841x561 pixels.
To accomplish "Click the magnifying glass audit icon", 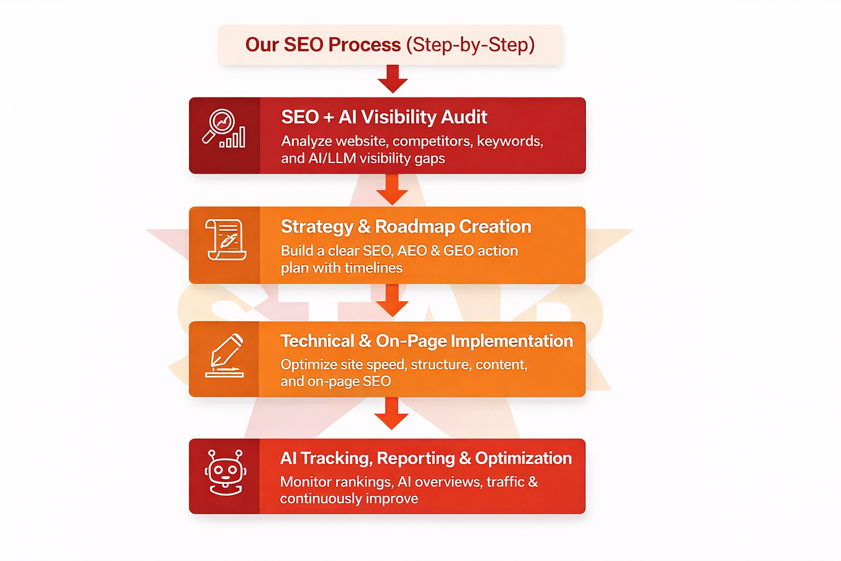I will pyautogui.click(x=224, y=129).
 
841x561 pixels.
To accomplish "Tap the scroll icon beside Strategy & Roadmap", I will pyautogui.click(x=226, y=239).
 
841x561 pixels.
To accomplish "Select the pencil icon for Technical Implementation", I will pyautogui.click(x=225, y=356).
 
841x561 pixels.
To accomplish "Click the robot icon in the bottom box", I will pyautogui.click(x=225, y=472).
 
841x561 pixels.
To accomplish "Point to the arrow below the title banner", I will pyautogui.click(x=393, y=79).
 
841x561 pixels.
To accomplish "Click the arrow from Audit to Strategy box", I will pyautogui.click(x=392, y=190).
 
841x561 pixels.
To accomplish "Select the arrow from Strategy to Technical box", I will pyautogui.click(x=392, y=301).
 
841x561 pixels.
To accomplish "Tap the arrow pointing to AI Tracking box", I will pyautogui.click(x=391, y=414).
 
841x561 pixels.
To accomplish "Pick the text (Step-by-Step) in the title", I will pyautogui.click(x=470, y=45).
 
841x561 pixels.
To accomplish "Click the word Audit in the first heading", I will pyautogui.click(x=464, y=117).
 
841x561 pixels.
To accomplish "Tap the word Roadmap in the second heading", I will pyautogui.click(x=414, y=227).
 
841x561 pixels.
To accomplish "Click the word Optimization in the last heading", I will pyautogui.click(x=523, y=459).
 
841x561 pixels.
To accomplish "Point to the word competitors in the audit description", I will pyautogui.click(x=432, y=141).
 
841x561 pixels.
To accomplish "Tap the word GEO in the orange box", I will pyautogui.click(x=458, y=251).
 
